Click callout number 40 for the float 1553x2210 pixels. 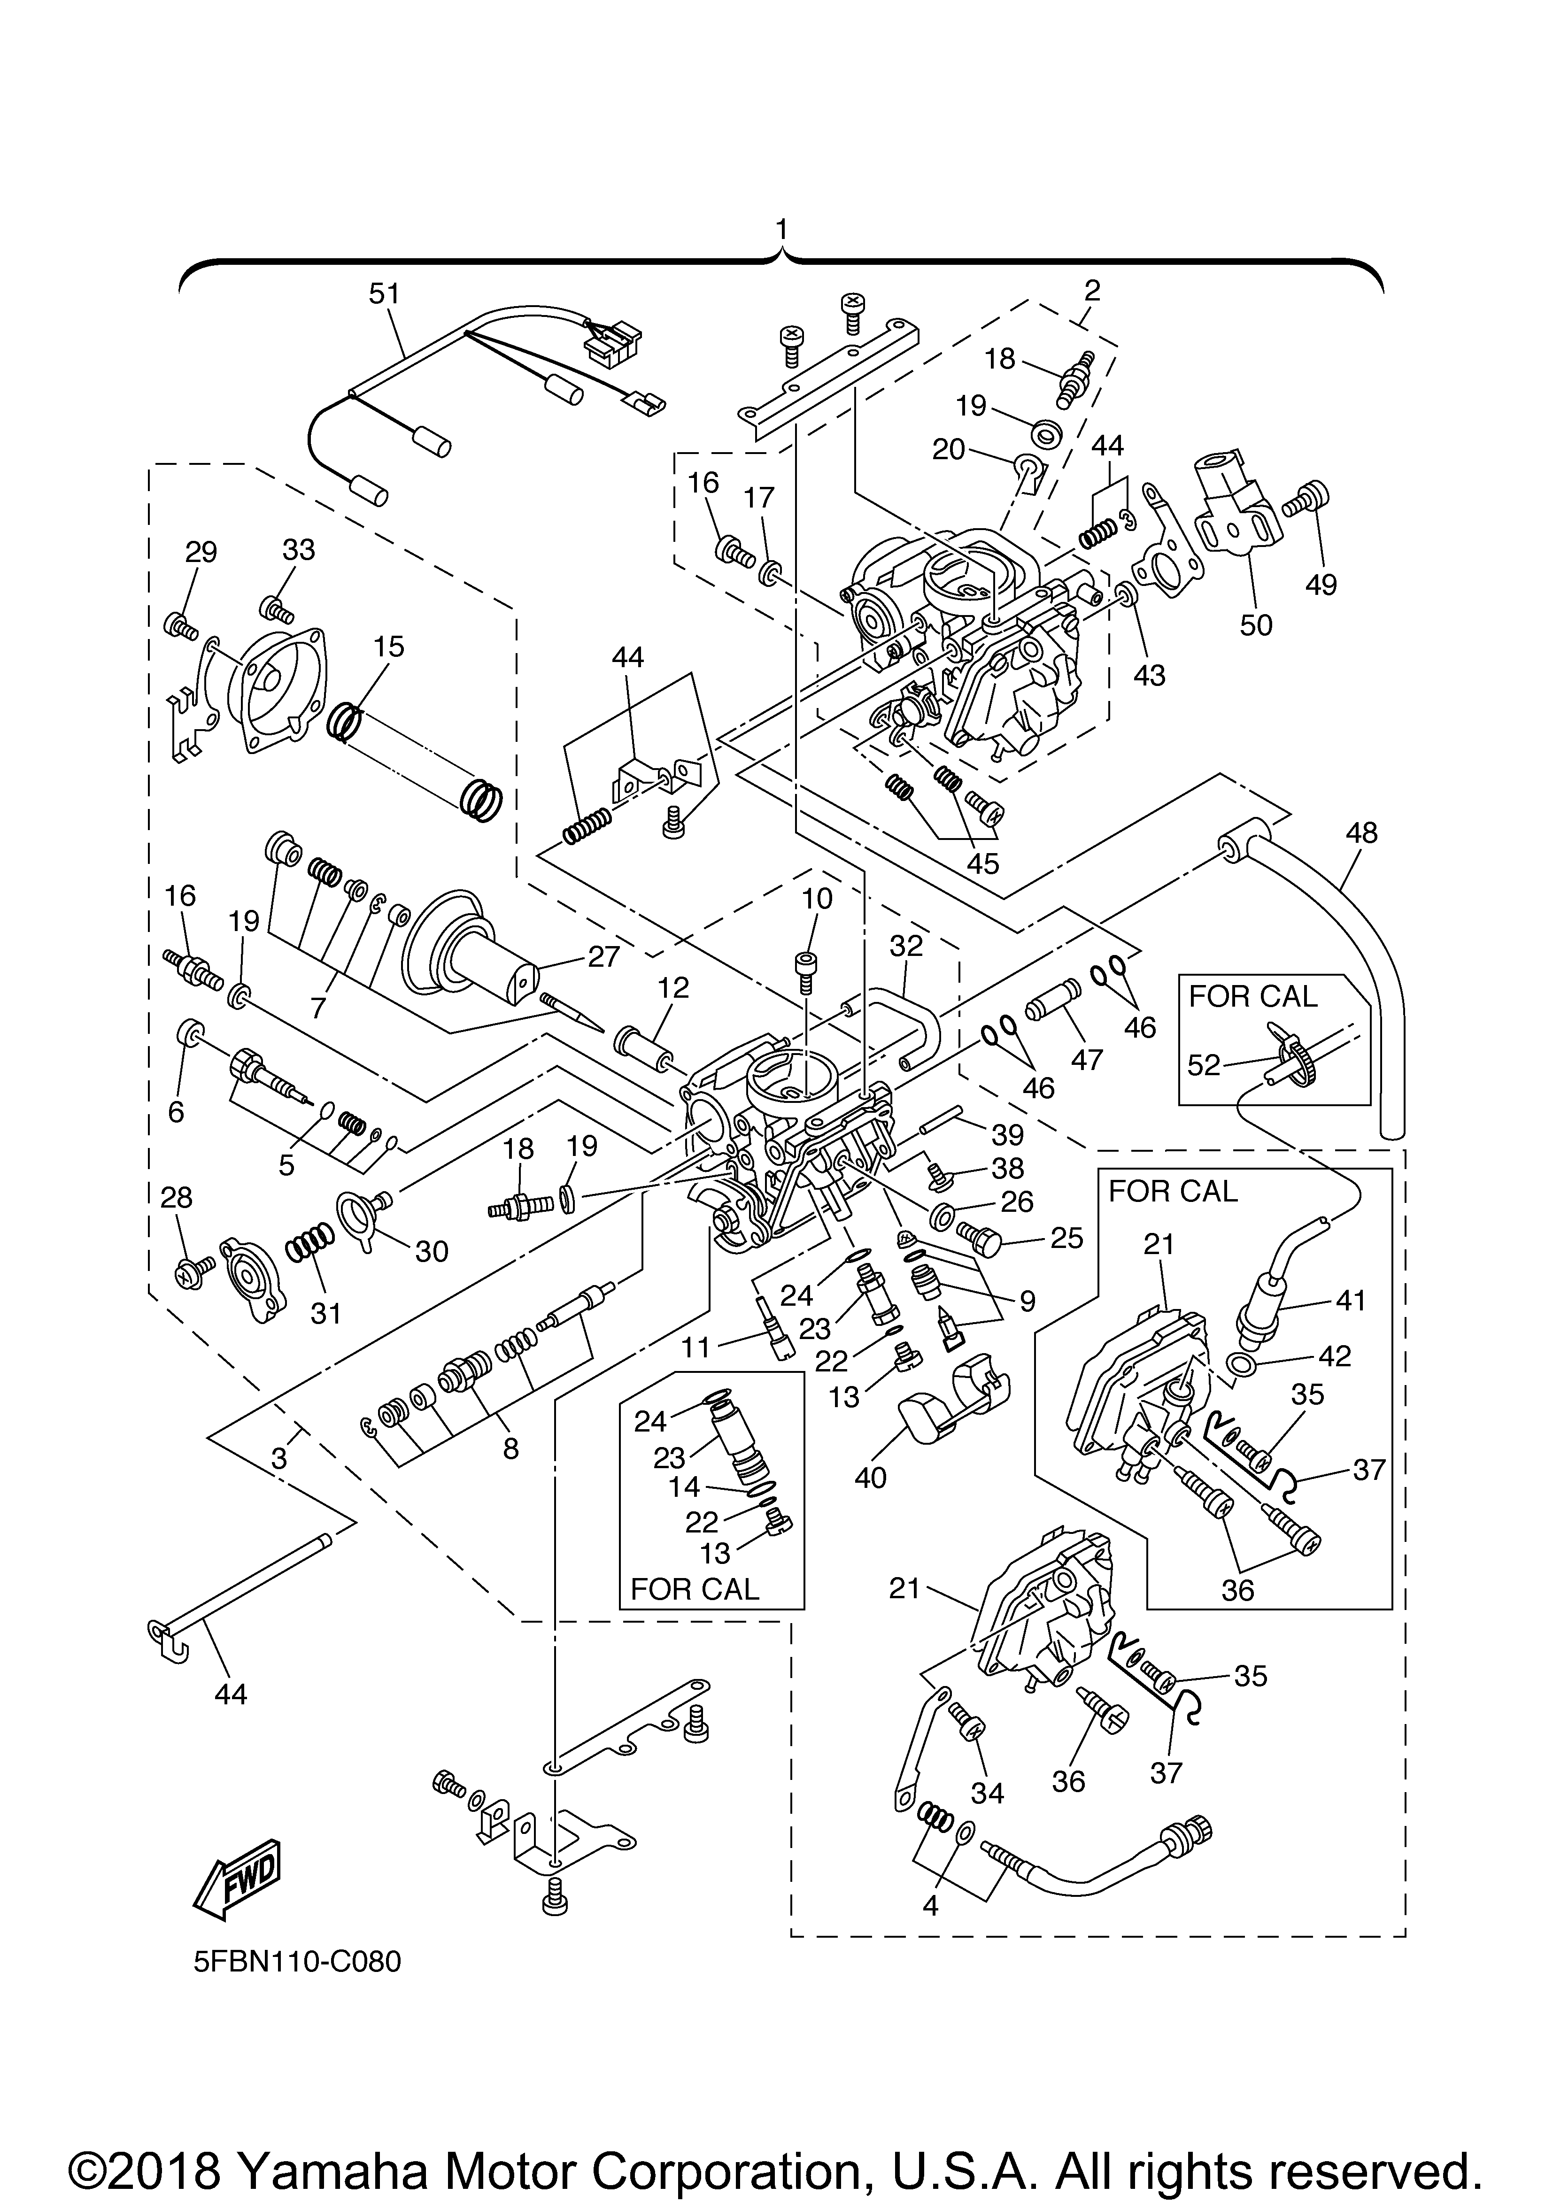click(870, 1478)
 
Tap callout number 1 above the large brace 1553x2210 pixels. click(781, 229)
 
